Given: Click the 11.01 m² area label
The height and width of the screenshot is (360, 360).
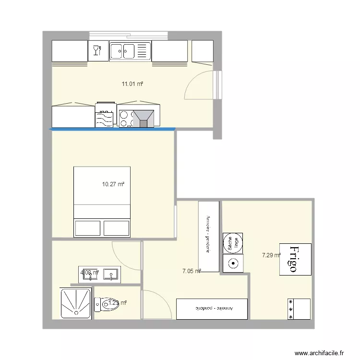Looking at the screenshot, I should [x=132, y=84].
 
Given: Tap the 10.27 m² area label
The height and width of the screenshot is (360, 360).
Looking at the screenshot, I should [x=113, y=184].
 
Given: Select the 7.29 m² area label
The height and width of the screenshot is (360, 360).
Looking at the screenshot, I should [x=271, y=255].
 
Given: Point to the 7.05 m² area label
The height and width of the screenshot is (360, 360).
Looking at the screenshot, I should [x=191, y=271].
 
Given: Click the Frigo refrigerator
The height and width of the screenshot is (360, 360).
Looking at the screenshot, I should [x=295, y=260].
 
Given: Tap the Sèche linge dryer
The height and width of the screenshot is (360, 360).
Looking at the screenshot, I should [x=233, y=243].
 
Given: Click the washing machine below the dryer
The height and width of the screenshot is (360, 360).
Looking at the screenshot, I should [x=233, y=264].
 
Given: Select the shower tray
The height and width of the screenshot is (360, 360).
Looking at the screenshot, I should [x=76, y=303].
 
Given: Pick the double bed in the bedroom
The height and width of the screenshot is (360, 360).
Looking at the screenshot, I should [x=102, y=202].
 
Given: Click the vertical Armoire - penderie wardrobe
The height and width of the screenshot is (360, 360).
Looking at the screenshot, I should [x=209, y=236].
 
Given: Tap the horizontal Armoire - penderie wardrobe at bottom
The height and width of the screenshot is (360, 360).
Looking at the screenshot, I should [x=212, y=309].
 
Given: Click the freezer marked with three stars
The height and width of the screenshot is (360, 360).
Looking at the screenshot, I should [x=299, y=309].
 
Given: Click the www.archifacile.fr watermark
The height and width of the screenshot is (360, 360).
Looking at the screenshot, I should [x=320, y=353].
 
